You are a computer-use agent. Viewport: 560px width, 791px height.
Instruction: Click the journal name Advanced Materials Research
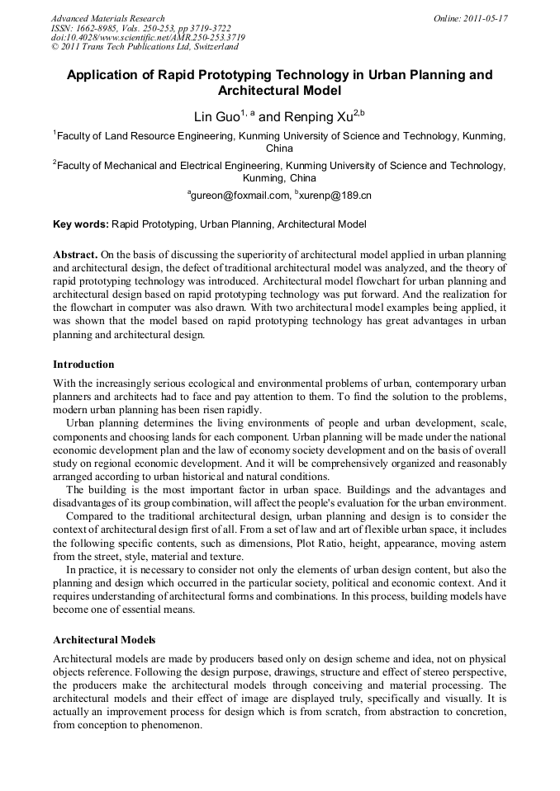107,18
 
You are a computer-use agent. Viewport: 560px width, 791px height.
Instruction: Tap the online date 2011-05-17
482,18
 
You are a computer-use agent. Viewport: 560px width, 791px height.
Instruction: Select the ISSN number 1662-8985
98,27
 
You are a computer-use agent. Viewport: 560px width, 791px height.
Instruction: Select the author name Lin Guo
217,116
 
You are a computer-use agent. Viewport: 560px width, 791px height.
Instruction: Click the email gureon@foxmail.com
240,195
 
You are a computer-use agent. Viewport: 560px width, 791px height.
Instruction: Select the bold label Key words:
80,224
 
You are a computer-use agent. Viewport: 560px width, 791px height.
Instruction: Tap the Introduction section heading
83,364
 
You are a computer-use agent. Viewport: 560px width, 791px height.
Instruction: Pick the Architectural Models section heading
104,639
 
